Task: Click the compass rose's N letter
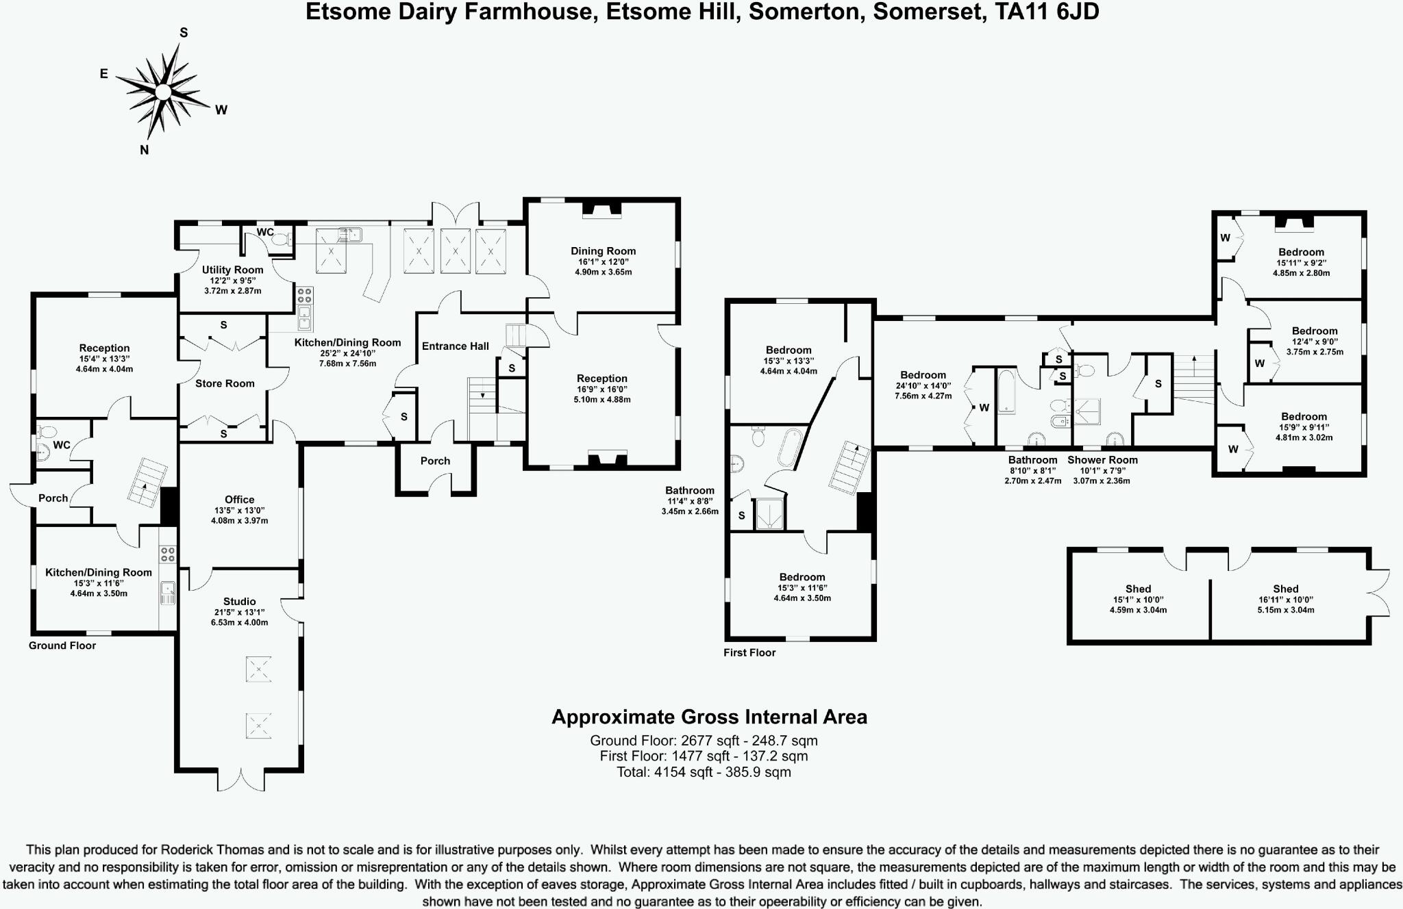click(x=145, y=150)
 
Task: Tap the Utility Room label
click(x=232, y=270)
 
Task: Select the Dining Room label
click(x=603, y=251)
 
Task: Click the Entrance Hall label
click(x=455, y=346)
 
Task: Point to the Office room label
click(x=239, y=500)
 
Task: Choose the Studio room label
click(x=239, y=602)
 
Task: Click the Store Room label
click(x=225, y=383)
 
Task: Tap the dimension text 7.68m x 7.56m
click(x=347, y=363)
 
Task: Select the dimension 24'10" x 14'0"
click(x=923, y=385)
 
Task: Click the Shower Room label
click(x=1102, y=460)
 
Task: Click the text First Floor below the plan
click(x=749, y=653)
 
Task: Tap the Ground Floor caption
click(x=62, y=645)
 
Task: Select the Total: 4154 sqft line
click(x=704, y=772)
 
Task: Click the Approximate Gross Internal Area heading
click(x=709, y=717)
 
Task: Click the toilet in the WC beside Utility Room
click(x=282, y=239)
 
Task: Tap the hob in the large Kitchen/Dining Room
click(x=305, y=296)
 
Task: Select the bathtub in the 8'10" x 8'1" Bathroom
click(x=1006, y=392)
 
